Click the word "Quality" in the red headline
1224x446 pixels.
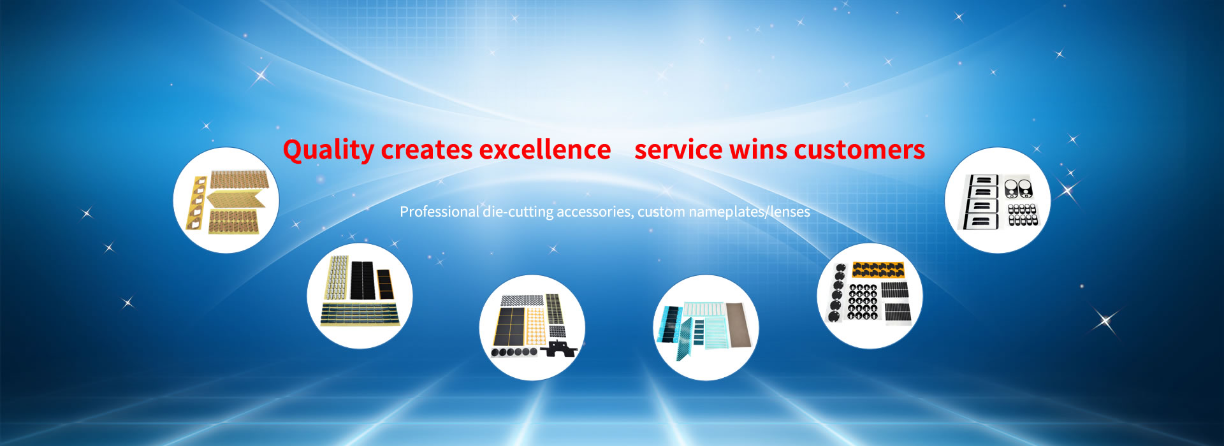(328, 150)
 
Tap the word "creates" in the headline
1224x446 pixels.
(426, 150)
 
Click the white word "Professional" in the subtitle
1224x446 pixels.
(439, 212)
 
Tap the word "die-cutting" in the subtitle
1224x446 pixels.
(518, 212)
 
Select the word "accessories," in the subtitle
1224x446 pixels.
(595, 212)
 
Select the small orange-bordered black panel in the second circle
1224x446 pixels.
(385, 284)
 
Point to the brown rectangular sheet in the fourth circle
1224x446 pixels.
(739, 324)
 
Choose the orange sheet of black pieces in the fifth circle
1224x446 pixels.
(878, 269)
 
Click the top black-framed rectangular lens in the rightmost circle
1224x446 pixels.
(982, 180)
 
